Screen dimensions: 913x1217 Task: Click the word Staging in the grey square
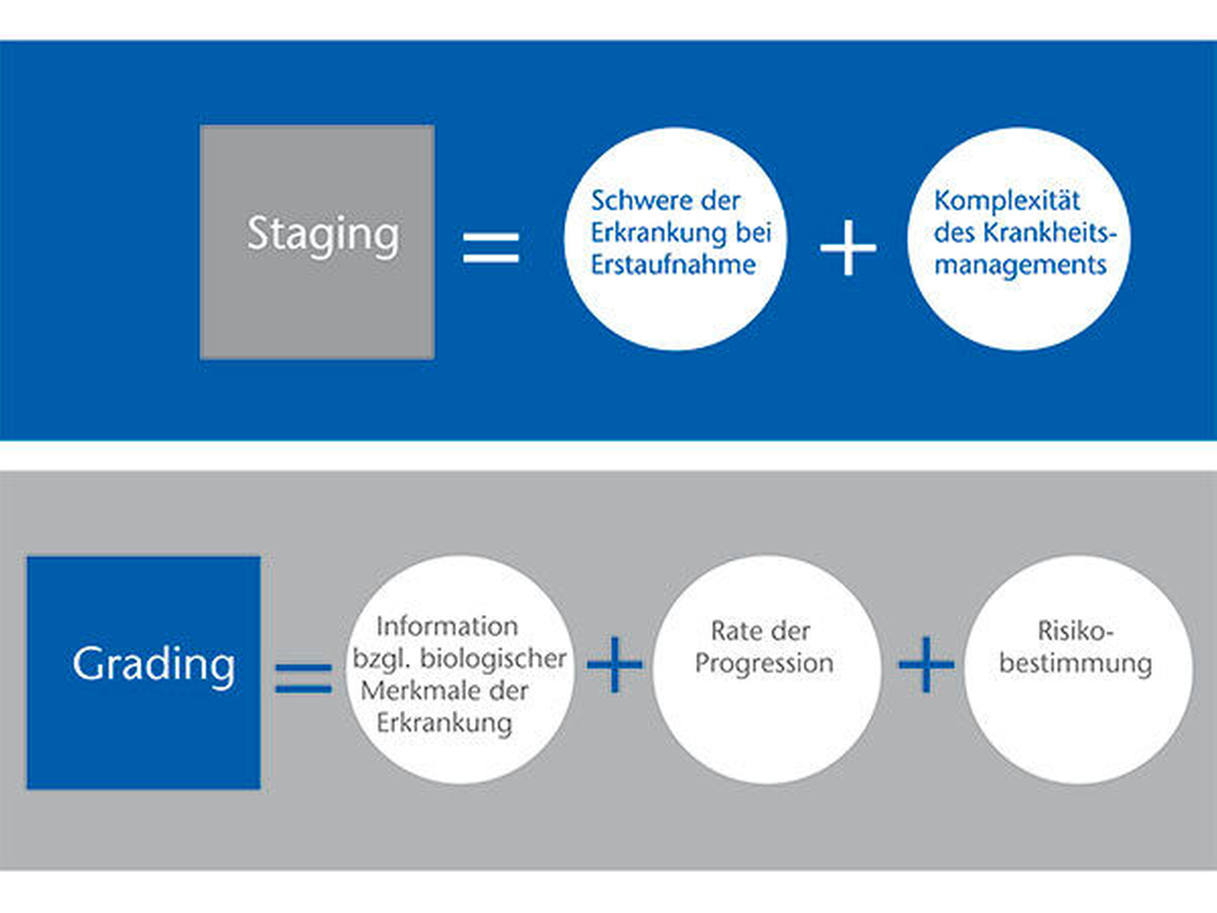pyautogui.click(x=323, y=234)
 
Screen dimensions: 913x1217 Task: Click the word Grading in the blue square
pyautogui.click(x=154, y=664)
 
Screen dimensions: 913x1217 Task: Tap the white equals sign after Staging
pyautogui.click(x=491, y=247)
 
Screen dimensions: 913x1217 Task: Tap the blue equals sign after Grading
pyautogui.click(x=304, y=677)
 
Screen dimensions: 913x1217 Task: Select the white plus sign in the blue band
pyautogui.click(x=848, y=247)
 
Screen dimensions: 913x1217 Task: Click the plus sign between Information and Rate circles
pyautogui.click(x=615, y=664)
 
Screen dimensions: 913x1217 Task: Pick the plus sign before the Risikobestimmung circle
pyautogui.click(x=926, y=664)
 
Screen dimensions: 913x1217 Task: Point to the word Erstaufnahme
pyautogui.click(x=673, y=265)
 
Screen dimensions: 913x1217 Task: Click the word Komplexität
pyautogui.click(x=1007, y=201)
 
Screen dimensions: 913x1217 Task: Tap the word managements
pyautogui.click(x=1020, y=265)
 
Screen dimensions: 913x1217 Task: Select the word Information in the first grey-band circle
pyautogui.click(x=447, y=627)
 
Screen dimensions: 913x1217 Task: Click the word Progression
pyautogui.click(x=764, y=663)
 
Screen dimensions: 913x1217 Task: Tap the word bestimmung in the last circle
pyautogui.click(x=1075, y=663)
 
